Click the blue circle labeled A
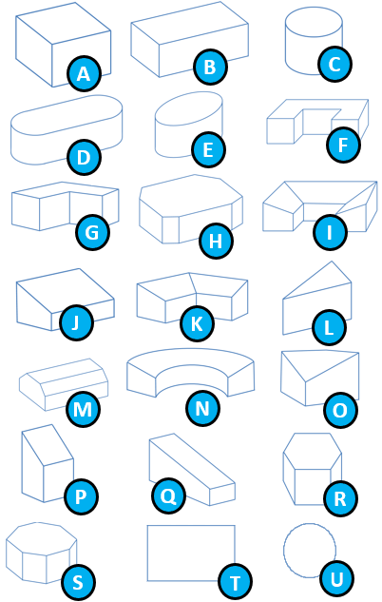pos(84,73)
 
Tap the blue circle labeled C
pos(334,64)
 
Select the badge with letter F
pos(343,146)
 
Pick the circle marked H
pos(216,242)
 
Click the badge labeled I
pos(330,232)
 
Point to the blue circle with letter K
pos(197,323)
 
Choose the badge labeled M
pos(83,409)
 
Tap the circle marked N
pos(202,408)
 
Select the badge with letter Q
pos(168,495)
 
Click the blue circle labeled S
pos(78,582)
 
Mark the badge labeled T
pos(235,582)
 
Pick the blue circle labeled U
pos(336,579)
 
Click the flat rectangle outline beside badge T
pos(147,553)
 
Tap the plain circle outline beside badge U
pos(284,551)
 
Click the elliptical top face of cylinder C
pos(314,22)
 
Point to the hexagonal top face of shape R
pos(313,451)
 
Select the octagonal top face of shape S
pos(42,538)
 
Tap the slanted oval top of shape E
pos(189,108)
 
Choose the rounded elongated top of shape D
pos(67,115)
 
